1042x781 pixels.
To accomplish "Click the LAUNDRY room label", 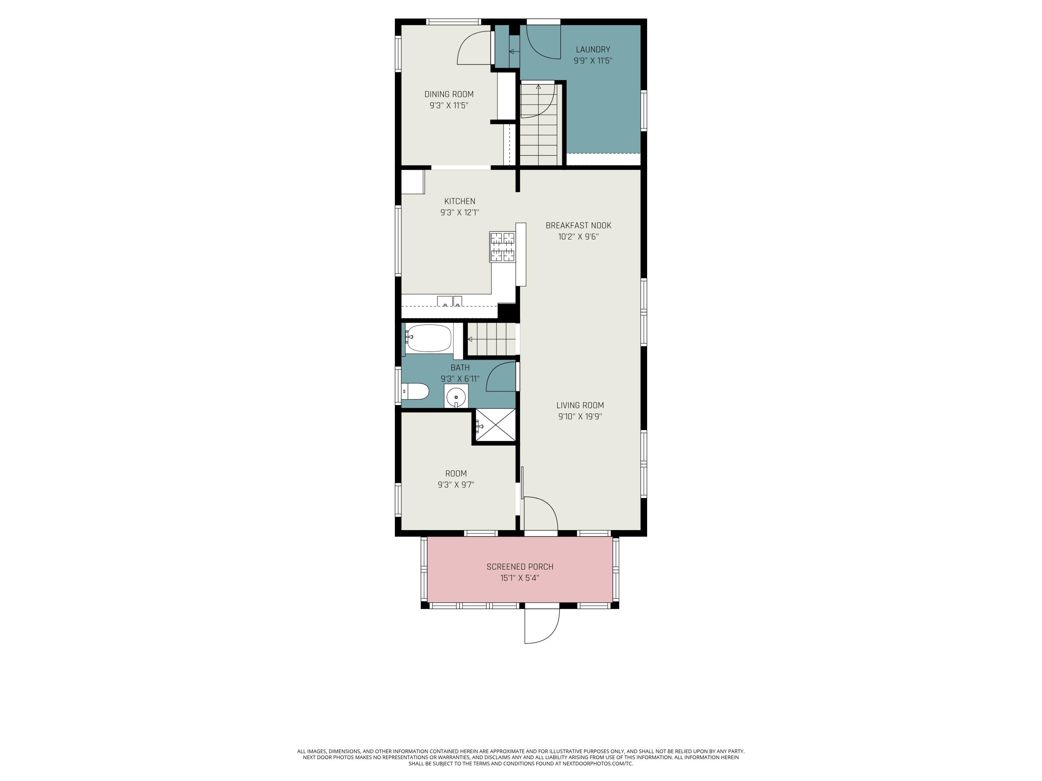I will click(593, 49).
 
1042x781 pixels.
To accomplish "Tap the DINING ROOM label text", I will click(449, 94).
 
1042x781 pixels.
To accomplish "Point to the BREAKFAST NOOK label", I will click(578, 226).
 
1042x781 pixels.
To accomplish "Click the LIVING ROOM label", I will click(580, 405).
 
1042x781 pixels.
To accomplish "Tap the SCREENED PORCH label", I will click(520, 567).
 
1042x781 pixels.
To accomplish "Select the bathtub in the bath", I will click(429, 338).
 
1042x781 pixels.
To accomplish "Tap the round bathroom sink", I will click(456, 397).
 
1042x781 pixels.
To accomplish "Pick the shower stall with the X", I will click(495, 425).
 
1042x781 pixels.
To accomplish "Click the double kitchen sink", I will click(449, 301).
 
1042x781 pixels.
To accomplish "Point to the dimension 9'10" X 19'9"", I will click(580, 417).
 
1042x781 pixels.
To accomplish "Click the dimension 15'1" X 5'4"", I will click(520, 578).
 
